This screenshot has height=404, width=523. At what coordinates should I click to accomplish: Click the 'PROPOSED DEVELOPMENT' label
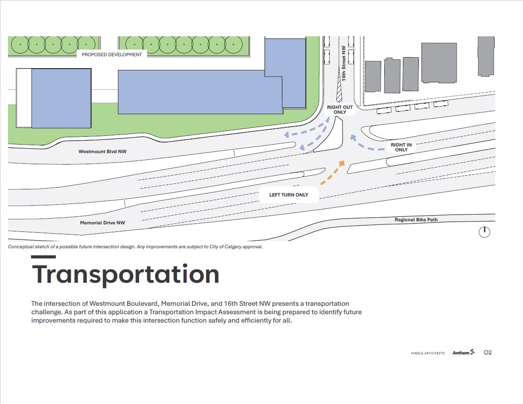(x=112, y=54)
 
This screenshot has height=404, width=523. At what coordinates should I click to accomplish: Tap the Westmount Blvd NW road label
(x=102, y=151)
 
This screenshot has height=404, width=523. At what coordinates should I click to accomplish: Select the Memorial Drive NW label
(x=102, y=223)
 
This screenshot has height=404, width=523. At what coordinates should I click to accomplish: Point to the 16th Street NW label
(x=343, y=63)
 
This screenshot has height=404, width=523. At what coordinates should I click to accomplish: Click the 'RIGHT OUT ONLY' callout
(x=340, y=110)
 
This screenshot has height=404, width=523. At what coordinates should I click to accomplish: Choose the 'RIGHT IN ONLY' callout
(x=401, y=147)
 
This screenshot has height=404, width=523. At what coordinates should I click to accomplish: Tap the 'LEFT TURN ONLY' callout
(x=289, y=195)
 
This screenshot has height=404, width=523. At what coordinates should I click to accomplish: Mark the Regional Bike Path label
(x=416, y=220)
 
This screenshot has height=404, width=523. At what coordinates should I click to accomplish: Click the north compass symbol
(x=484, y=232)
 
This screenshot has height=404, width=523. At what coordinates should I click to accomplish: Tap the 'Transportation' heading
(x=125, y=274)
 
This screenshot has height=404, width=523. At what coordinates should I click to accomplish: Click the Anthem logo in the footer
(x=464, y=352)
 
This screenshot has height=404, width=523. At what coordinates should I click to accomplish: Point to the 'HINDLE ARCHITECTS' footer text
(x=428, y=353)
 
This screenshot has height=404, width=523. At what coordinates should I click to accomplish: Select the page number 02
(x=488, y=352)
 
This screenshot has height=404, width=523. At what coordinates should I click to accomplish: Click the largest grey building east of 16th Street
(x=439, y=63)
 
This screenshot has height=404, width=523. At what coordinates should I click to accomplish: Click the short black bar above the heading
(x=43, y=257)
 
